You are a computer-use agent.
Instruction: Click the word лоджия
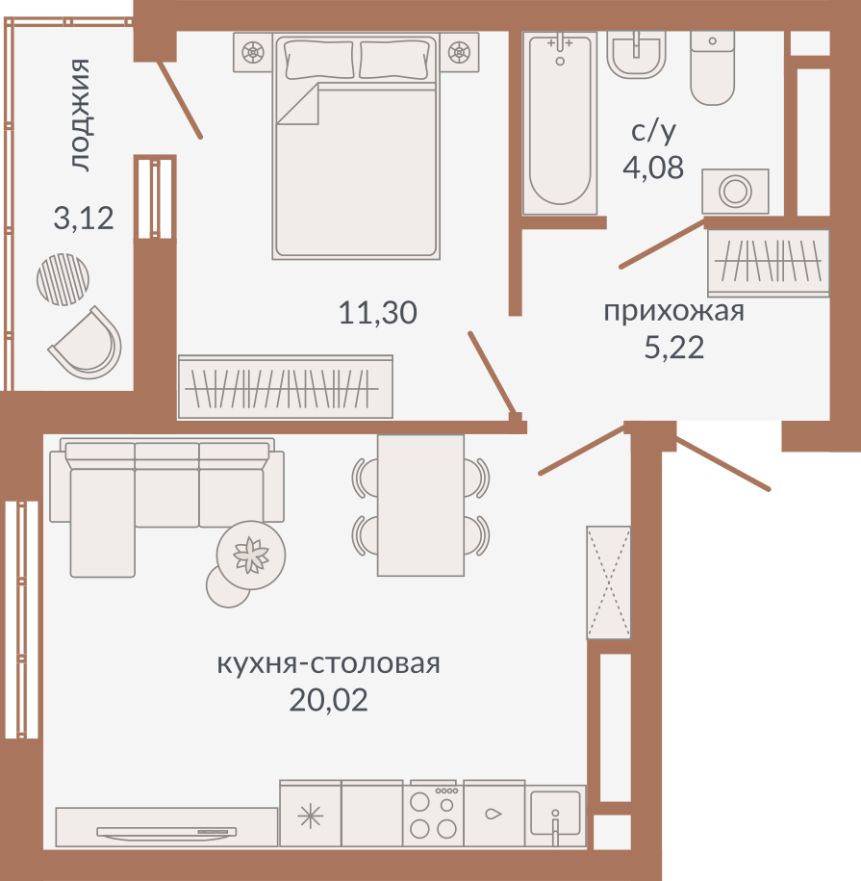tap(80, 115)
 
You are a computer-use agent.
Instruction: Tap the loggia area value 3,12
tap(84, 218)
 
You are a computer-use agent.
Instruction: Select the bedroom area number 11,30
tap(378, 312)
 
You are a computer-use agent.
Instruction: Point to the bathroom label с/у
tap(653, 132)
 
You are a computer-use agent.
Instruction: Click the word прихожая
tap(673, 312)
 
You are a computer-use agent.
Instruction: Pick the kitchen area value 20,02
tap(328, 700)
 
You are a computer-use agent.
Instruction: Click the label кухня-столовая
tap(328, 663)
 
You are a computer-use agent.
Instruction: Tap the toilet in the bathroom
tap(712, 67)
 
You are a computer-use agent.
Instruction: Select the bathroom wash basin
tap(637, 54)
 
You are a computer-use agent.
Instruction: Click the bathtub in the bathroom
tap(560, 123)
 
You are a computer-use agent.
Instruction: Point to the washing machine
tap(735, 191)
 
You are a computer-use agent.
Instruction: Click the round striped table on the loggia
tap(63, 279)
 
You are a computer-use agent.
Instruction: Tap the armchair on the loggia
tap(88, 344)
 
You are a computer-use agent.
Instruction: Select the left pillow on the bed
tap(319, 59)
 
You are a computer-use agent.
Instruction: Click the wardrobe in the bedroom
tap(285, 386)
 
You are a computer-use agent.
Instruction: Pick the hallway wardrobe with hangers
tap(768, 263)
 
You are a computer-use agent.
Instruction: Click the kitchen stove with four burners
tap(433, 813)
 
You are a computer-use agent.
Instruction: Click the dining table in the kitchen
tap(421, 505)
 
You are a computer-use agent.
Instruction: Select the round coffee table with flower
tap(251, 556)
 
